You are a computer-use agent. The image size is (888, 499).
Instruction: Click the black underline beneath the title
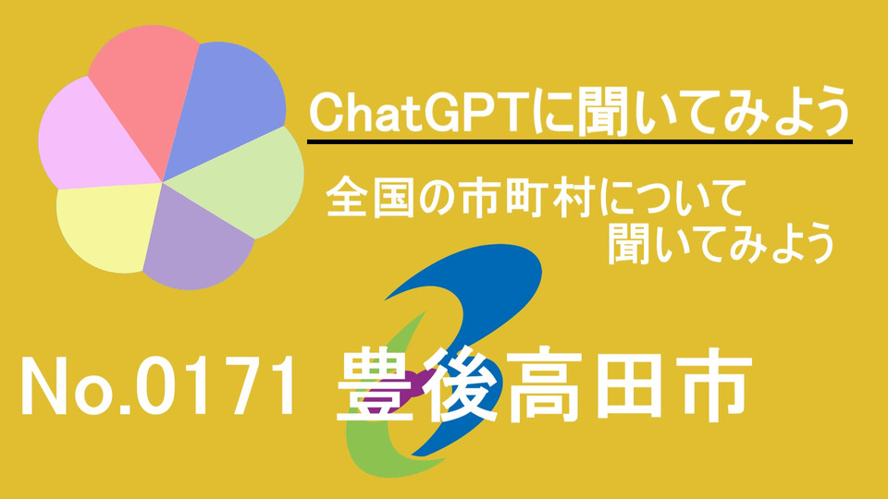[579, 141]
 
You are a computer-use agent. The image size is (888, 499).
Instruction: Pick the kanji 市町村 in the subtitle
[526, 198]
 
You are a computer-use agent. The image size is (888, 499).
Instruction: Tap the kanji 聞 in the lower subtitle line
[627, 244]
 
